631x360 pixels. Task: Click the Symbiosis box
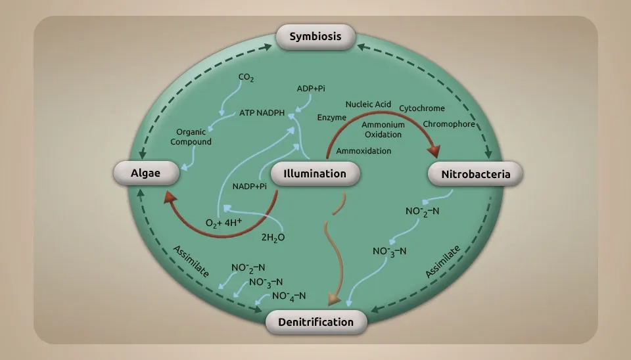(x=315, y=36)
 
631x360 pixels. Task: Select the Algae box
(x=146, y=173)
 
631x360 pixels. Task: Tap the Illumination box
(x=315, y=173)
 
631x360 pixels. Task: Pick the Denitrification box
(x=315, y=321)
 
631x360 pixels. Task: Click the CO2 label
(x=246, y=78)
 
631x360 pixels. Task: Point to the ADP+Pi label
(x=312, y=89)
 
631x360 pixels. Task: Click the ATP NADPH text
(x=262, y=113)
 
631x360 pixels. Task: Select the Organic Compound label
(x=191, y=137)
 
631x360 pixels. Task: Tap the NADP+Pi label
(x=250, y=187)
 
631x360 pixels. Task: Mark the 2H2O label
(x=273, y=237)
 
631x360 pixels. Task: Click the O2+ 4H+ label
(x=224, y=223)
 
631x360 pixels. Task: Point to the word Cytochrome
(x=422, y=108)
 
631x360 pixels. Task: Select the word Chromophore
(x=449, y=124)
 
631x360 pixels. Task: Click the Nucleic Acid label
(x=368, y=104)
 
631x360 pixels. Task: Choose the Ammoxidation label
(x=363, y=151)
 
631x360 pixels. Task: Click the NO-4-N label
(x=289, y=296)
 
